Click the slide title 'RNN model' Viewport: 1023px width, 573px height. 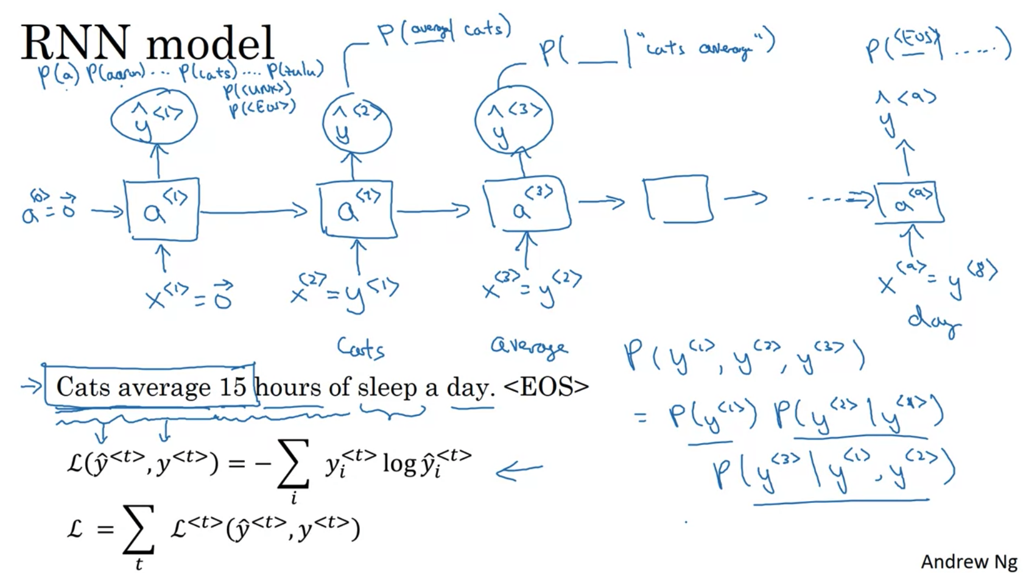click(147, 43)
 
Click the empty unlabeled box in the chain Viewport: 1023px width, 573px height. click(678, 198)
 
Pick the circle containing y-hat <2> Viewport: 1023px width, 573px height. click(357, 127)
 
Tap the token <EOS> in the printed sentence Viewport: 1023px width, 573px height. click(546, 386)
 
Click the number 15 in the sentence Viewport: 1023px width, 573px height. click(232, 386)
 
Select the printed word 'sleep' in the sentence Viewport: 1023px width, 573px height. click(387, 388)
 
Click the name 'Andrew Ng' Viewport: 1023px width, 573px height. click(968, 561)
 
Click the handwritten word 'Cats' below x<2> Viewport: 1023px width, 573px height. click(360, 349)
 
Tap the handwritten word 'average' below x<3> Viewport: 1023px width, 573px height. click(529, 346)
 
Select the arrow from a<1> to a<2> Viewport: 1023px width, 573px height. click(253, 212)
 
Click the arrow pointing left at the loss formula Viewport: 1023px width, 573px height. click(518, 471)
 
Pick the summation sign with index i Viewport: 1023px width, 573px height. click(293, 464)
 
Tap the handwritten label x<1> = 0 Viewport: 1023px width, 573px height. click(189, 296)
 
